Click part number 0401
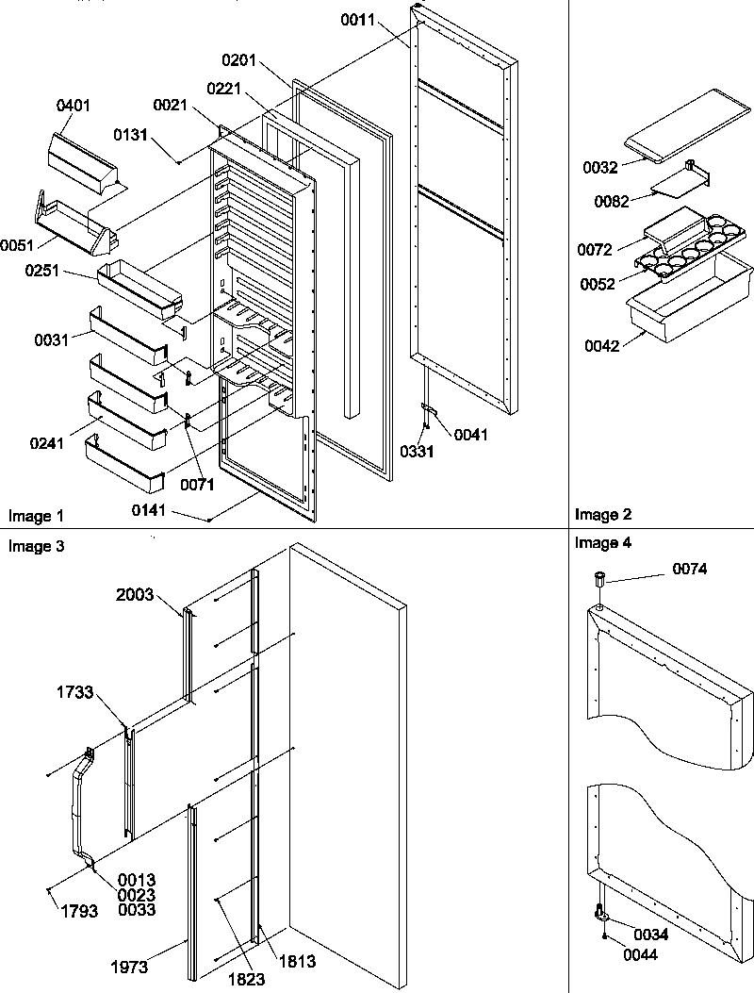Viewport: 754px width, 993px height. click(74, 105)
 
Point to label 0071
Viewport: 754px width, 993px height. click(199, 485)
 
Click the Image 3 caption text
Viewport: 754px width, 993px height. click(36, 545)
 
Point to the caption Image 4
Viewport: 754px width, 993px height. click(602, 542)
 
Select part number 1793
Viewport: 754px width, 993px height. click(79, 912)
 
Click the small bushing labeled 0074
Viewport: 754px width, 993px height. click(598, 581)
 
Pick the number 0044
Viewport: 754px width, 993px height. click(639, 954)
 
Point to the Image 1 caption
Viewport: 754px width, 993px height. click(36, 516)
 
